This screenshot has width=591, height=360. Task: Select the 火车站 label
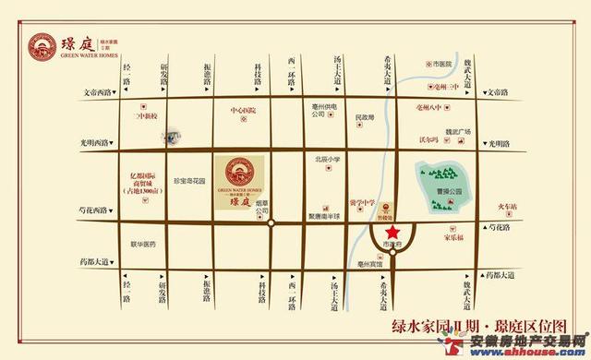tap(508, 206)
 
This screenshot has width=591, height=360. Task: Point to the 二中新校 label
tap(147, 115)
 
